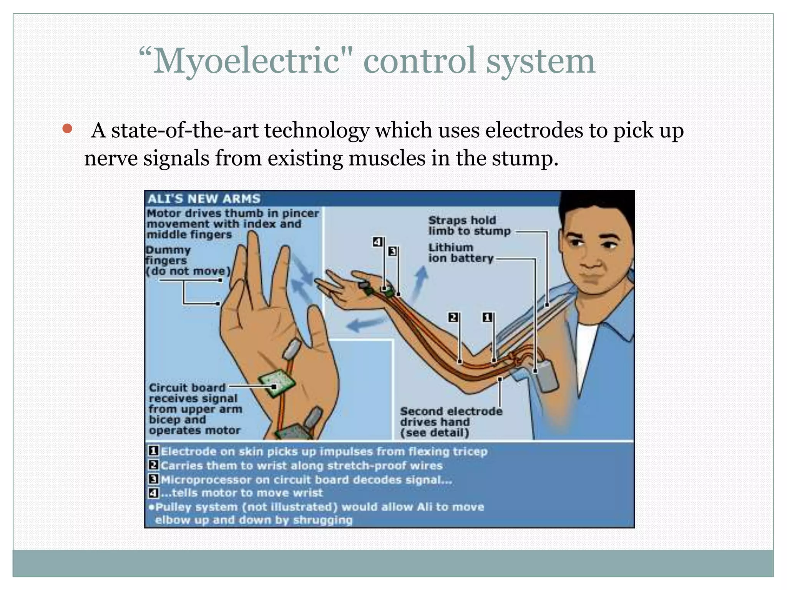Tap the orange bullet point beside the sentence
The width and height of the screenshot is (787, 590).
(67, 129)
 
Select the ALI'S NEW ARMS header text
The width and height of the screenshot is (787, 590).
(204, 199)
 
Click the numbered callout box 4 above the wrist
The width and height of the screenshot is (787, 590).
(377, 242)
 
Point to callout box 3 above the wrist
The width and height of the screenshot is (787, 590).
(392, 252)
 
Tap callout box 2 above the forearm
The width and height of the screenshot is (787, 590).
(453, 317)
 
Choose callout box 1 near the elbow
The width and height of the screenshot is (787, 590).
(487, 317)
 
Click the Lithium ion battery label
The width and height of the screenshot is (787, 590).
(460, 253)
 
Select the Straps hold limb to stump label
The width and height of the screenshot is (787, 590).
(469, 225)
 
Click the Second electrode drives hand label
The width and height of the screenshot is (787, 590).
(450, 422)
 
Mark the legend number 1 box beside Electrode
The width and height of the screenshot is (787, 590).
(153, 451)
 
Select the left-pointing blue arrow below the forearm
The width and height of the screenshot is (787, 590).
(365, 324)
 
